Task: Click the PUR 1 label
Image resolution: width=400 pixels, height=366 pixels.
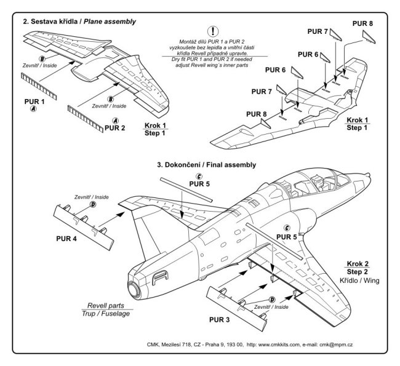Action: coord(34,100)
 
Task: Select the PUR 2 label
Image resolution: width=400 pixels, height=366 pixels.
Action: coord(114,128)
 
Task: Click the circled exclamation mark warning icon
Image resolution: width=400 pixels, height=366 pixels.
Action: coord(214,30)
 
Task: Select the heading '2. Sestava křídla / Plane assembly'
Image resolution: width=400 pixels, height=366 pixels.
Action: coord(79,22)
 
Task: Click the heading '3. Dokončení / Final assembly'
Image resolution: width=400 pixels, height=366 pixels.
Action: coord(207,165)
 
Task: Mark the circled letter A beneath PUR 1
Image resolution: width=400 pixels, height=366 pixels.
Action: coord(34,109)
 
